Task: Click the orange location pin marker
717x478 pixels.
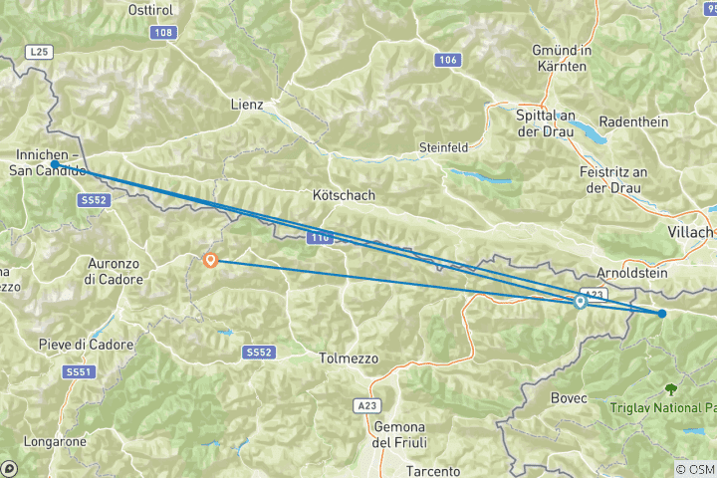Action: click(x=210, y=261)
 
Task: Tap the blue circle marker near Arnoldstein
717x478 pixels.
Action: click(x=581, y=303)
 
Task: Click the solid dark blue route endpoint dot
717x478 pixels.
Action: click(x=662, y=314)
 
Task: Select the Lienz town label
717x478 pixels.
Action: click(x=246, y=104)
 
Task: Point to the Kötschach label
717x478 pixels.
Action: click(x=344, y=195)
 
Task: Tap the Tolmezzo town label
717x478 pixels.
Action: click(x=348, y=358)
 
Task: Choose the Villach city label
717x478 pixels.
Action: click(x=689, y=232)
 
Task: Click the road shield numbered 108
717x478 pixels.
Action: click(x=164, y=33)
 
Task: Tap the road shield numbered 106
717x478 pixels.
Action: click(x=447, y=61)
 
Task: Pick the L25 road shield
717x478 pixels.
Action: click(x=39, y=50)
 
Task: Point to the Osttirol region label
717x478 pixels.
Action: click(x=153, y=9)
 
